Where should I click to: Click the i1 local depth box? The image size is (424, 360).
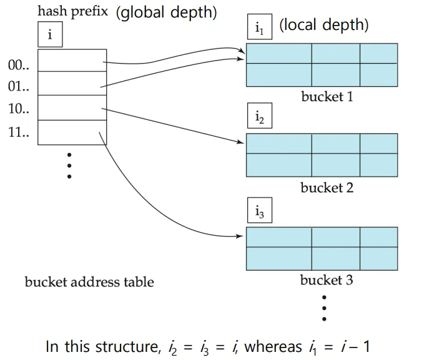tap(259, 27)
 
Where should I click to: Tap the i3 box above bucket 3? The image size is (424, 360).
tap(259, 212)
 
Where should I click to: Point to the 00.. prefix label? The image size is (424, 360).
tap(19, 65)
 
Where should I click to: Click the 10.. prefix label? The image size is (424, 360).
tap(19, 109)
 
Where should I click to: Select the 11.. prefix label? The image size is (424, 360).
tap(19, 132)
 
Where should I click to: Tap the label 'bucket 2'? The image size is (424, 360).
tap(327, 188)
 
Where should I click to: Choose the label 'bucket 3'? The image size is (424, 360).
tap(327, 280)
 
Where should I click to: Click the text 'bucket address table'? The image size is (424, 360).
tap(89, 282)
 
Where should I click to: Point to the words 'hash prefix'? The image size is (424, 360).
tap(73, 11)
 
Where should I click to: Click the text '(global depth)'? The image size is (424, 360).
tap(166, 13)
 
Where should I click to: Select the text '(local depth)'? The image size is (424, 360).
tap(323, 26)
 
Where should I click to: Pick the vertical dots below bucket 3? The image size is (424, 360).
tap(324, 306)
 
